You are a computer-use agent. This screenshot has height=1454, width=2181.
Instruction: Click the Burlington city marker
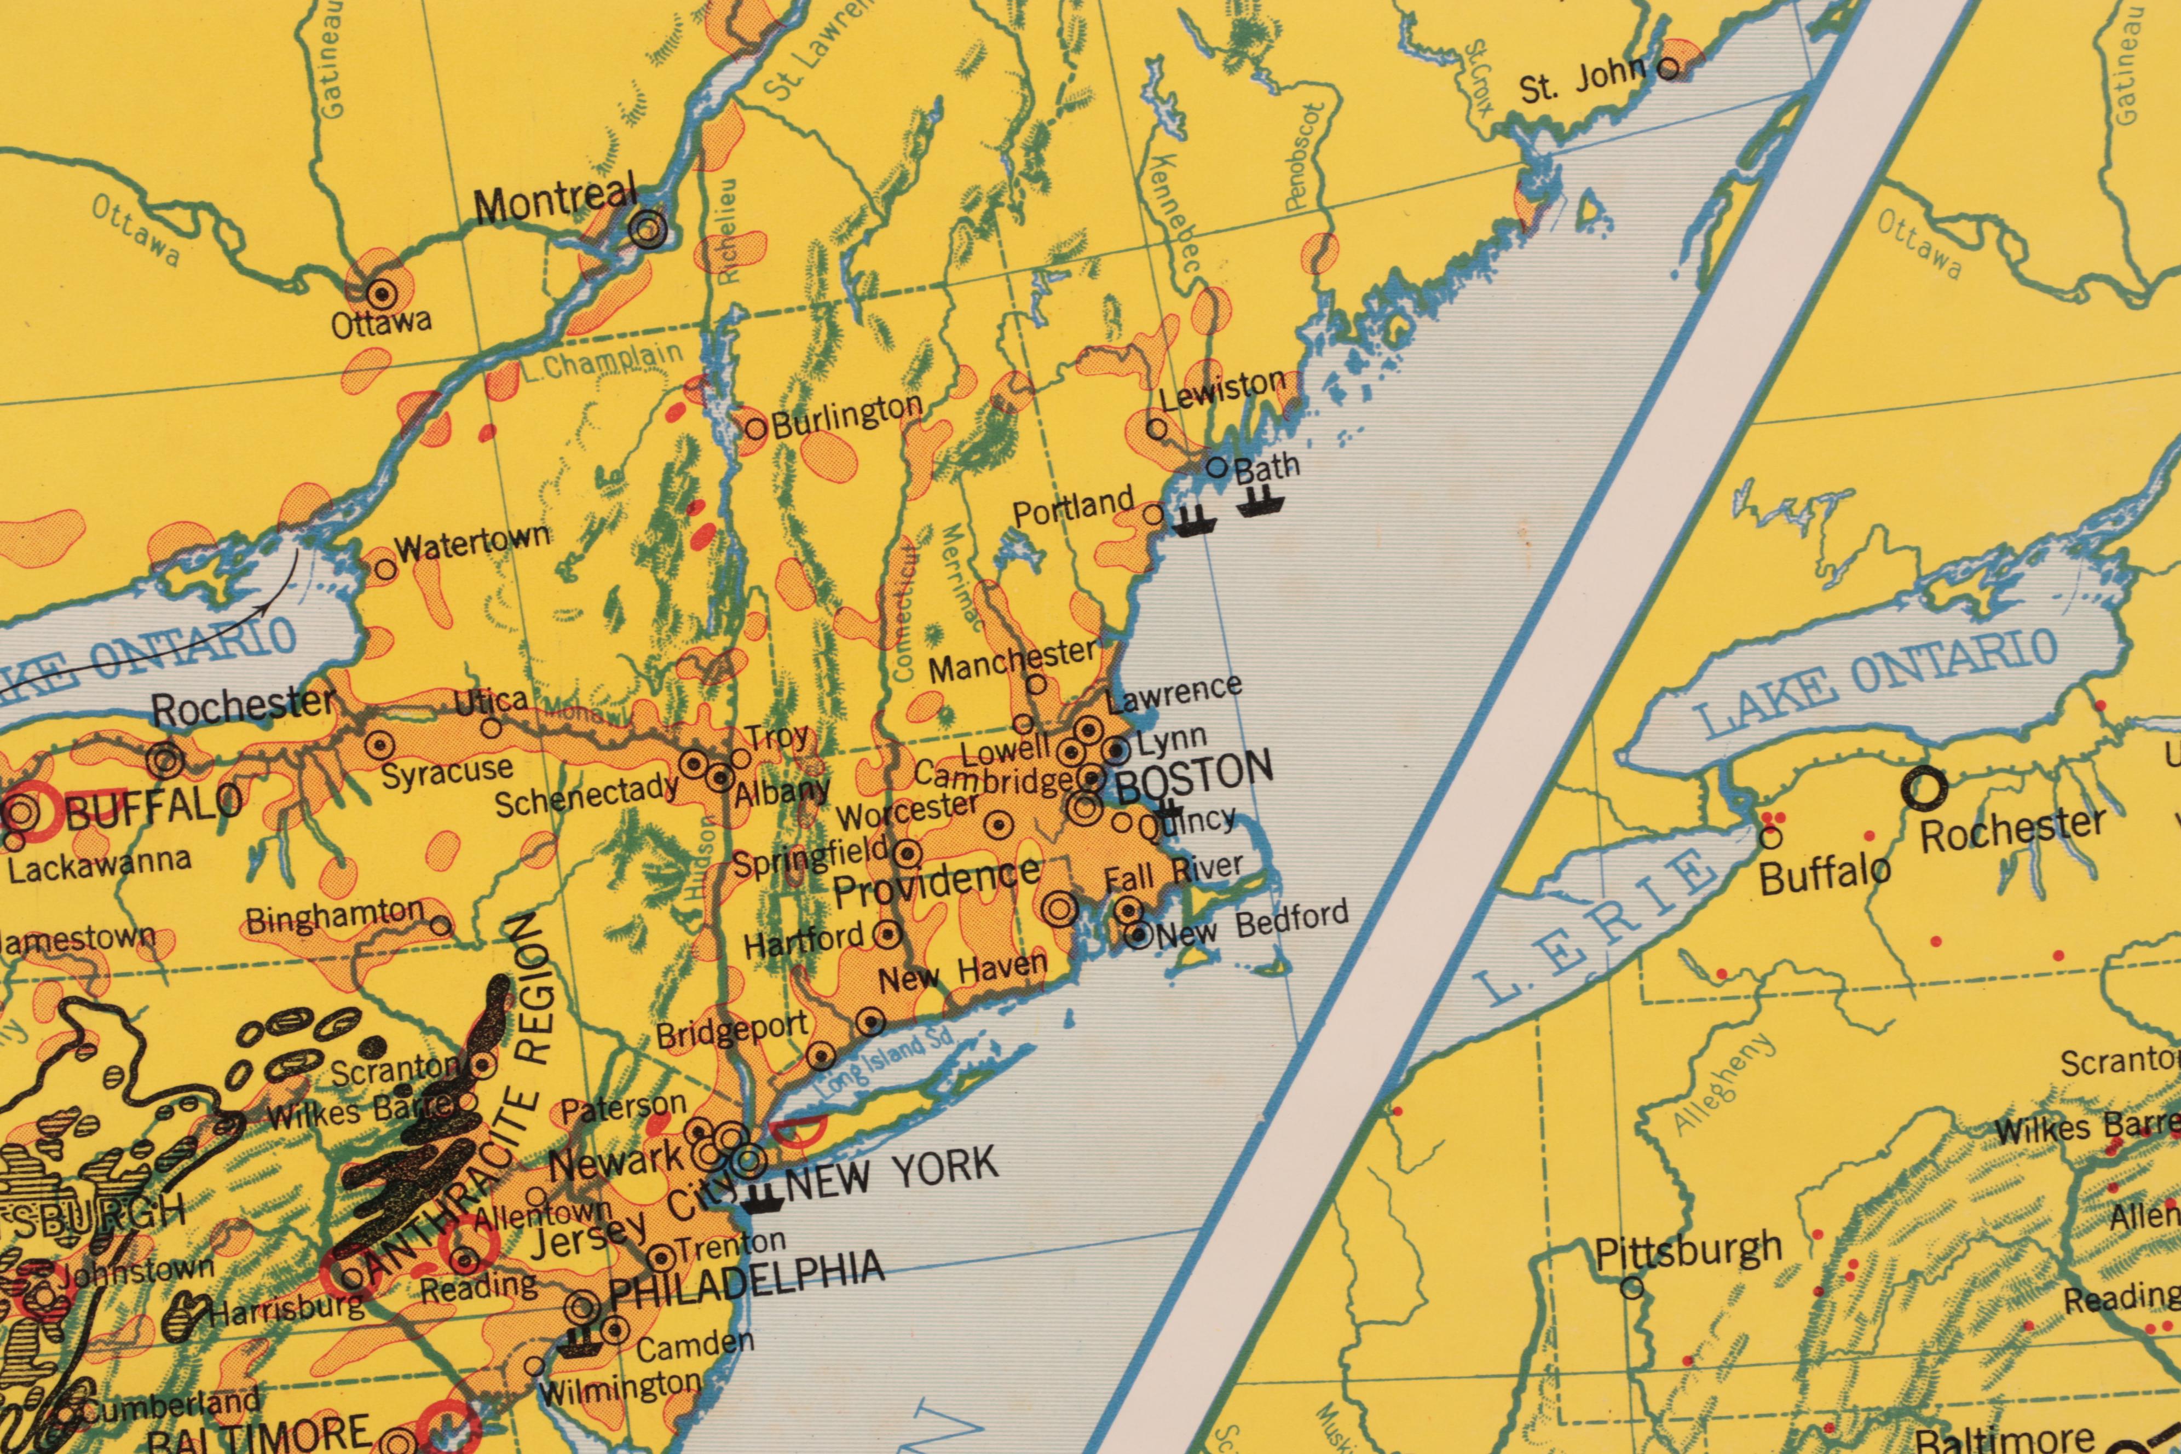coord(757,429)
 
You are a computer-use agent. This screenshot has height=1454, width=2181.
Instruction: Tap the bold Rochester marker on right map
coord(1924,789)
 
